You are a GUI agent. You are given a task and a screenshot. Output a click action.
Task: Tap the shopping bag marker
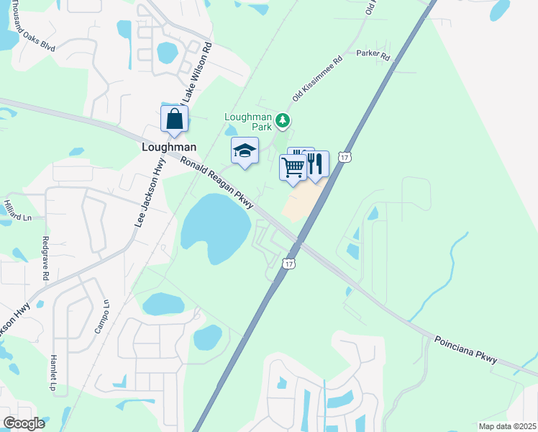[175, 120]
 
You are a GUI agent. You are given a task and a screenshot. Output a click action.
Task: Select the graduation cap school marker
[245, 151]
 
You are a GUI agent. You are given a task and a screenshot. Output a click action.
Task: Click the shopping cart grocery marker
[293, 167]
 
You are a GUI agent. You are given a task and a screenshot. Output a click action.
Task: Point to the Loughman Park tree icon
[284, 120]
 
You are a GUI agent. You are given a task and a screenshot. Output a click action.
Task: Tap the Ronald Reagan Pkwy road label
[219, 184]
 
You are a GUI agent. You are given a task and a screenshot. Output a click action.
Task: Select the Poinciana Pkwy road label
[465, 348]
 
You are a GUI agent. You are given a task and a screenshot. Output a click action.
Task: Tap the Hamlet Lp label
[53, 373]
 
